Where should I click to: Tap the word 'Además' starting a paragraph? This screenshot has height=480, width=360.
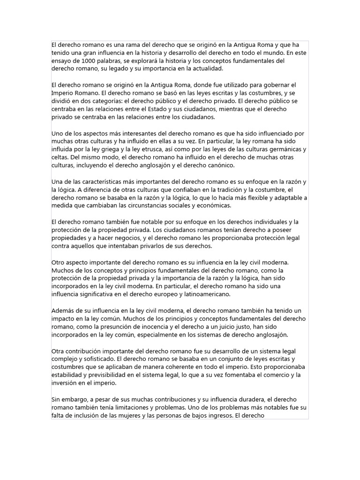pos(63,311)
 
